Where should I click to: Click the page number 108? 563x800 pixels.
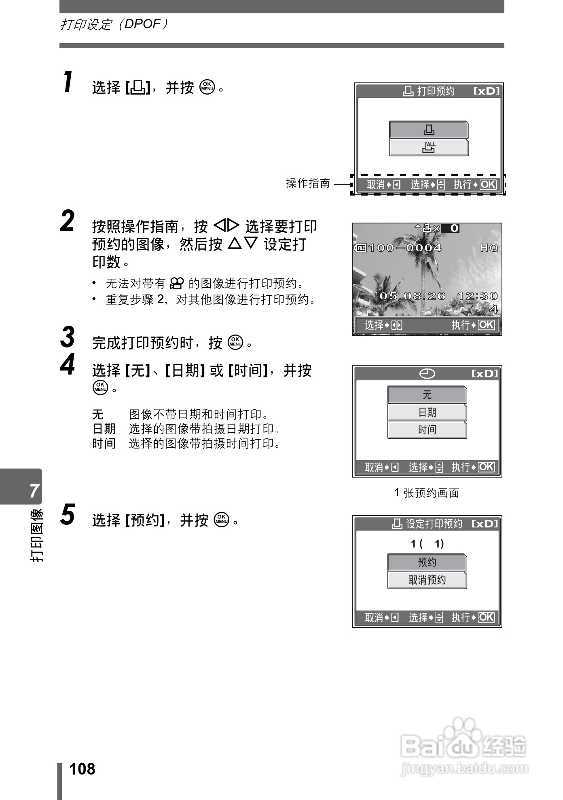coord(83,769)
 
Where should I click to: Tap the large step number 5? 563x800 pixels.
coord(68,515)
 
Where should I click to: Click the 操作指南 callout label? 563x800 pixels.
coord(308,183)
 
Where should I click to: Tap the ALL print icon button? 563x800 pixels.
coord(429,147)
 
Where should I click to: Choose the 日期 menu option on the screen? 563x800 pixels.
coord(427,412)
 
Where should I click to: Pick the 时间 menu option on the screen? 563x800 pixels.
coord(427,430)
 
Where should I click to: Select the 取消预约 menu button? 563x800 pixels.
coord(427,580)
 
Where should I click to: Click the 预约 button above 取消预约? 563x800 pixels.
coord(427,562)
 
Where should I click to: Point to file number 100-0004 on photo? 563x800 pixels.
coord(404,248)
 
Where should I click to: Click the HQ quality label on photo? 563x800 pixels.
coord(489,248)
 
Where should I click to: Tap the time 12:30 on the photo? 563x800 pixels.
coord(477,296)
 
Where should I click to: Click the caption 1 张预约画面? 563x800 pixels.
coord(427,493)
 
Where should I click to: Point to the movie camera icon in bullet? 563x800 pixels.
coord(177,284)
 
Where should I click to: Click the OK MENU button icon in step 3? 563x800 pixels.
coord(235,342)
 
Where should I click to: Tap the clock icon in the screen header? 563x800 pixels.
coord(427,374)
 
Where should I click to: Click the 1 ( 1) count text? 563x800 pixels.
coord(427,544)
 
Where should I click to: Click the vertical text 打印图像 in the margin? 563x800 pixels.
coord(36,535)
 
